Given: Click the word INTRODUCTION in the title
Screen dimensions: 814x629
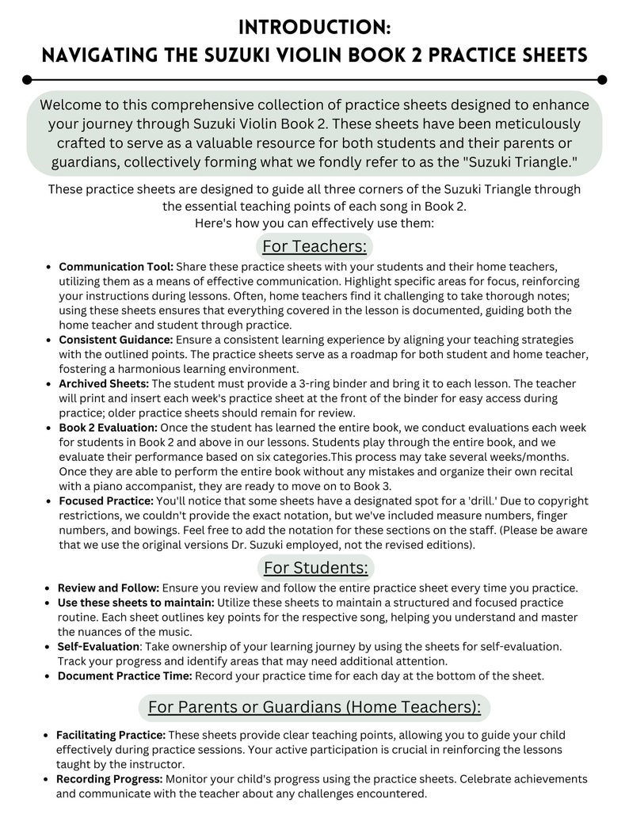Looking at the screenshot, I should [x=314, y=28].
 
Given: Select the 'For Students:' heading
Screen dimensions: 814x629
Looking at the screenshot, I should [x=315, y=567].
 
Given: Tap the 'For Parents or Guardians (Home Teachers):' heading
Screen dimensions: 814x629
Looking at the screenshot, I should [x=314, y=706].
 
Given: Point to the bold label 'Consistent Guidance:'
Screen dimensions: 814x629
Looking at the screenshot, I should [x=118, y=340].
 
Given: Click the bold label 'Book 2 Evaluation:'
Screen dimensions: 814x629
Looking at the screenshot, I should [x=109, y=428].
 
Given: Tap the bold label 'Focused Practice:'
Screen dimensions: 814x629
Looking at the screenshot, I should [x=107, y=501].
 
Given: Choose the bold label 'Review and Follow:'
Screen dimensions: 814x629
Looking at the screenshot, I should [x=109, y=588].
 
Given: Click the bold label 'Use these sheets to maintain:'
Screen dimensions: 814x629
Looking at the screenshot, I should [x=135, y=603].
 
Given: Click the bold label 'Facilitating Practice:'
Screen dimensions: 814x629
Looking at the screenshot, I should [x=111, y=735].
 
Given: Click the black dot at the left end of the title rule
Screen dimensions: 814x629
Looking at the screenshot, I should [x=28, y=79].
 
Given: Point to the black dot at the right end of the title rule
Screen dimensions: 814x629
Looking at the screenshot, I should [x=601, y=79].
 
